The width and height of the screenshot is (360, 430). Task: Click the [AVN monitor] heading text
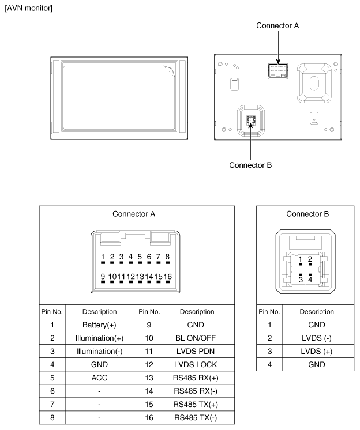28,9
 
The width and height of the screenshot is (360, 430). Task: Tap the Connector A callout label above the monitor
277,26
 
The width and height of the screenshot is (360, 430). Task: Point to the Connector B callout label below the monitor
250,165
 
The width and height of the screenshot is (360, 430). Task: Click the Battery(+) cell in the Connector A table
99,325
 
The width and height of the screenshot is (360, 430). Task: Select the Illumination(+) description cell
99,338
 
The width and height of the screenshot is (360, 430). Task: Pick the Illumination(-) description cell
99,352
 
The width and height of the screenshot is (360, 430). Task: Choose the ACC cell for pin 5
99,378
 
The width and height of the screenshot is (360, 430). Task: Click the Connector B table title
307,214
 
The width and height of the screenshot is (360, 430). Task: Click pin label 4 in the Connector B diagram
310,280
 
